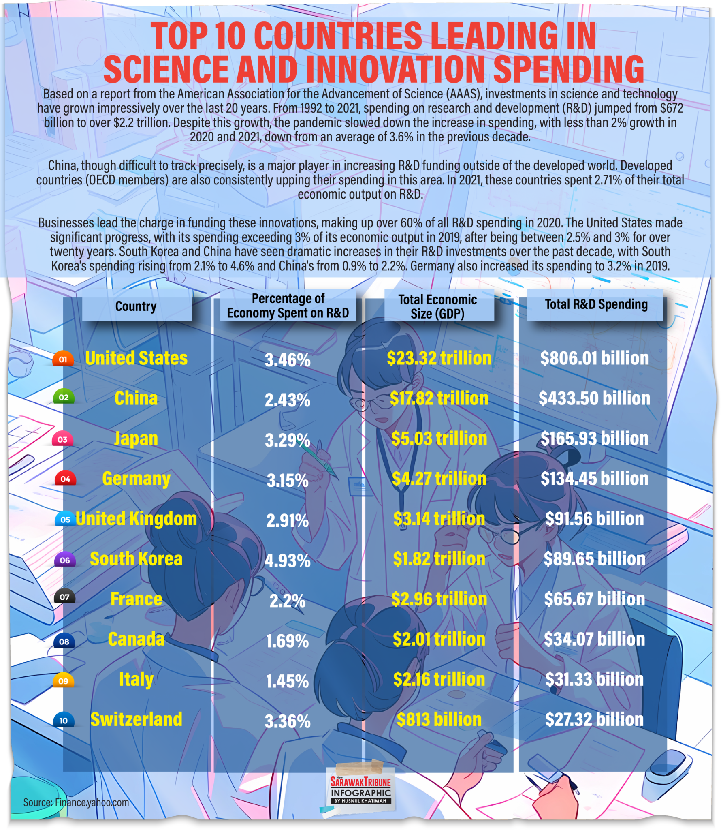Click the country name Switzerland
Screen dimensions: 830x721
[x=136, y=720]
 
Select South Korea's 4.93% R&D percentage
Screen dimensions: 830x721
[x=288, y=561]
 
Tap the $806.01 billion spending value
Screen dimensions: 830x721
[x=594, y=358]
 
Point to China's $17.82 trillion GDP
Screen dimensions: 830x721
[x=439, y=398]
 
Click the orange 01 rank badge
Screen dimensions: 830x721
[x=63, y=359]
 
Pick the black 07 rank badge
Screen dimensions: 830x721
[x=64, y=597]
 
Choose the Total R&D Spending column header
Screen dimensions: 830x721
[x=596, y=304]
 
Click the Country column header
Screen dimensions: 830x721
[x=136, y=306]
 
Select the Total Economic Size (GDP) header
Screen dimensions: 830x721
[x=437, y=306]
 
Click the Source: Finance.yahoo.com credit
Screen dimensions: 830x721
[x=76, y=802]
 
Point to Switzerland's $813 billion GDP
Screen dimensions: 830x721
[x=439, y=720]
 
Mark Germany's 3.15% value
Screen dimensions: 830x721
[x=288, y=481]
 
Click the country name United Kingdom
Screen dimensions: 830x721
[x=136, y=519]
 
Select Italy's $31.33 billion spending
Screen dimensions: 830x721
[x=594, y=680]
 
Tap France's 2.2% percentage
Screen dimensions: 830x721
[x=288, y=601]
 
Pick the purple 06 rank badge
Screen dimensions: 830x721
[x=65, y=560]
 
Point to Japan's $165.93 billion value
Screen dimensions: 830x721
[x=594, y=439]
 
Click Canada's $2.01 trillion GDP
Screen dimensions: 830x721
[x=439, y=640]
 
